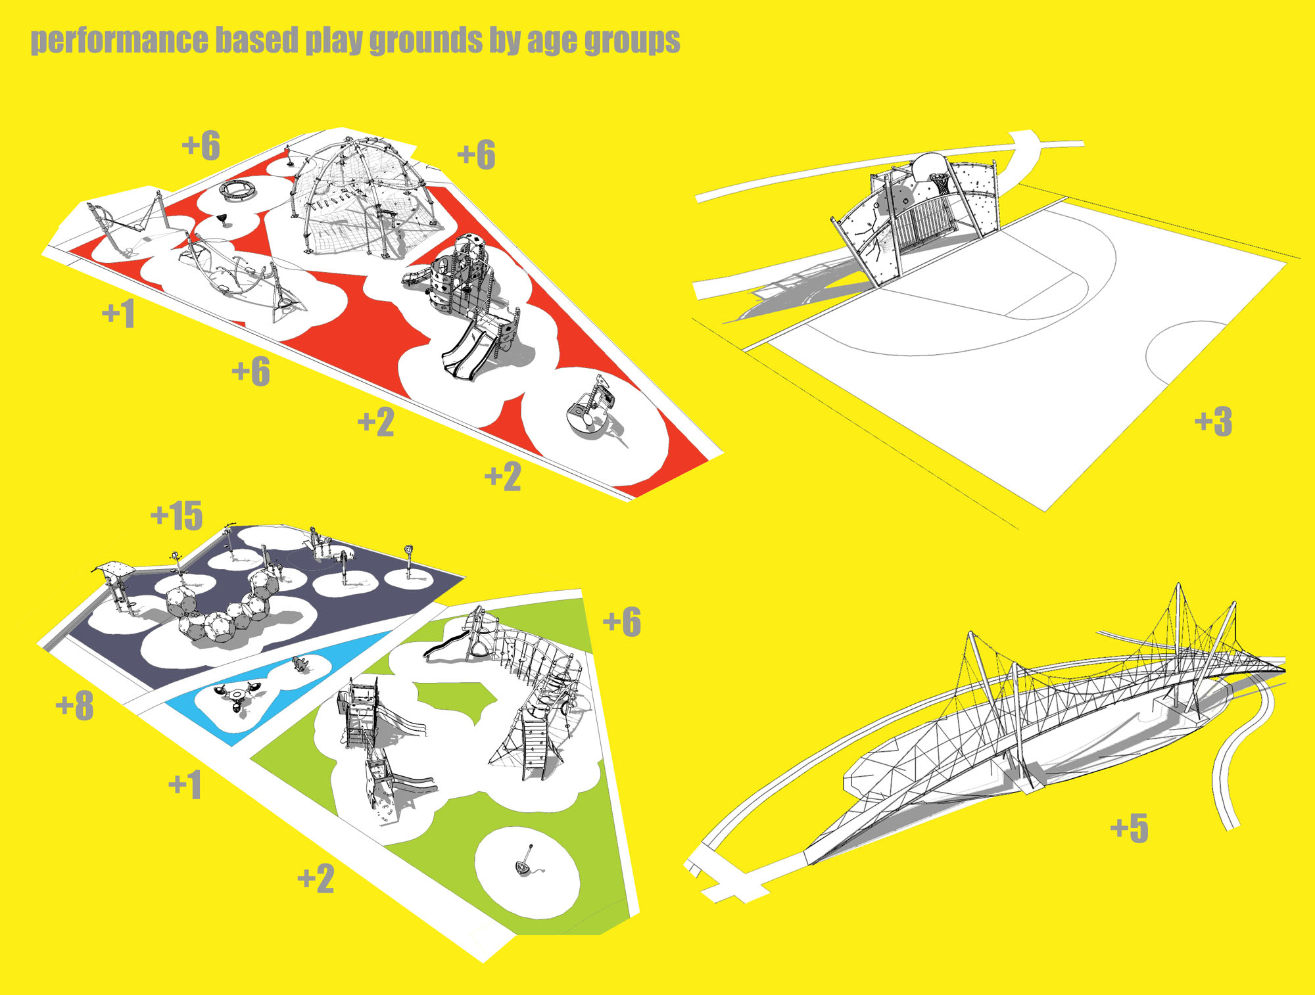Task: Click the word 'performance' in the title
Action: (x=119, y=41)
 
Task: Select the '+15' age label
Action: (x=177, y=515)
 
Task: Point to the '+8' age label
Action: (x=75, y=706)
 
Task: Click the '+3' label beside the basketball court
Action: (x=1213, y=421)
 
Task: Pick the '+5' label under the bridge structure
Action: (x=1130, y=828)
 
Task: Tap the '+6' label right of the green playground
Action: (x=622, y=622)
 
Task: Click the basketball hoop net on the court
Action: (x=941, y=184)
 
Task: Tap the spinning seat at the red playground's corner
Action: (x=590, y=407)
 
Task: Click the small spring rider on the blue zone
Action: (x=300, y=664)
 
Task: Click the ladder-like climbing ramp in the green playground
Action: (x=534, y=747)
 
